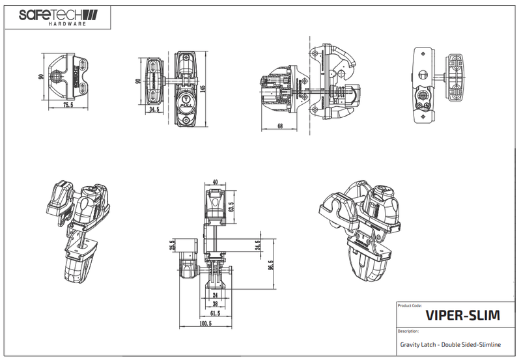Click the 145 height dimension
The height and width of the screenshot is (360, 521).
pyautogui.click(x=204, y=89)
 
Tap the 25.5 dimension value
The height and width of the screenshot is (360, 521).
pyautogui.click(x=173, y=245)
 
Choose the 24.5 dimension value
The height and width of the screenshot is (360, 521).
pyautogui.click(x=258, y=245)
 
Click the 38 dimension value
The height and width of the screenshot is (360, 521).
pyautogui.click(x=216, y=304)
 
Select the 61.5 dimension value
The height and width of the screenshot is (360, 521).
pyautogui.click(x=216, y=313)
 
